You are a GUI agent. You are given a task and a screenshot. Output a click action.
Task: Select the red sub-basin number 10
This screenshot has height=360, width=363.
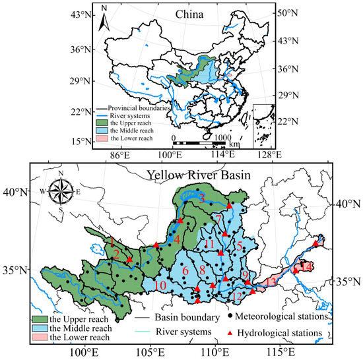(160, 285)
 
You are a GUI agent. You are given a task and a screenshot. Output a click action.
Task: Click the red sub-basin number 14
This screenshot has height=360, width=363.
(308, 266)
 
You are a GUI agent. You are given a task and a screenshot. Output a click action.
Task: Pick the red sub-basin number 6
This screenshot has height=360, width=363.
(185, 270)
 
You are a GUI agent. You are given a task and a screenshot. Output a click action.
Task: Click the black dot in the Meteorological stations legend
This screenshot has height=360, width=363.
(228, 316)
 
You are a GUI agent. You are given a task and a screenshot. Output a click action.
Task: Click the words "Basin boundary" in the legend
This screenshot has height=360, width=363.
(178, 316)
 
